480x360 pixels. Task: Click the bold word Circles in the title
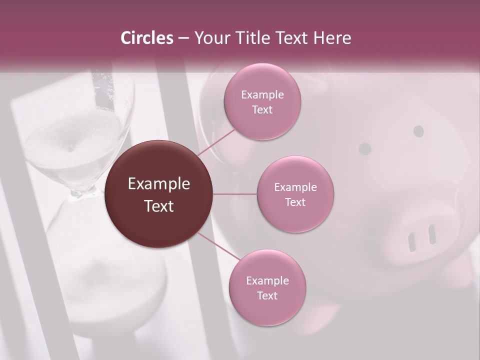(x=147, y=38)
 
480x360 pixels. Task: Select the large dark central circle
(x=159, y=194)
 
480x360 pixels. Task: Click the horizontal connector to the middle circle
(x=235, y=194)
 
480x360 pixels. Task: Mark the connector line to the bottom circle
(x=218, y=246)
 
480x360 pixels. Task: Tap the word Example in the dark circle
(x=159, y=184)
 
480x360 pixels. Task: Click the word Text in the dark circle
(x=159, y=206)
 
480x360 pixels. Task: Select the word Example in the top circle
(x=262, y=95)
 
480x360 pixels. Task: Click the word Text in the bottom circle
(x=267, y=296)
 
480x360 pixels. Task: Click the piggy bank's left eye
(x=365, y=149)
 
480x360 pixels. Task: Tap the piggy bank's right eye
(x=419, y=131)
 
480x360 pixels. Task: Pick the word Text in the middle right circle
(x=295, y=202)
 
